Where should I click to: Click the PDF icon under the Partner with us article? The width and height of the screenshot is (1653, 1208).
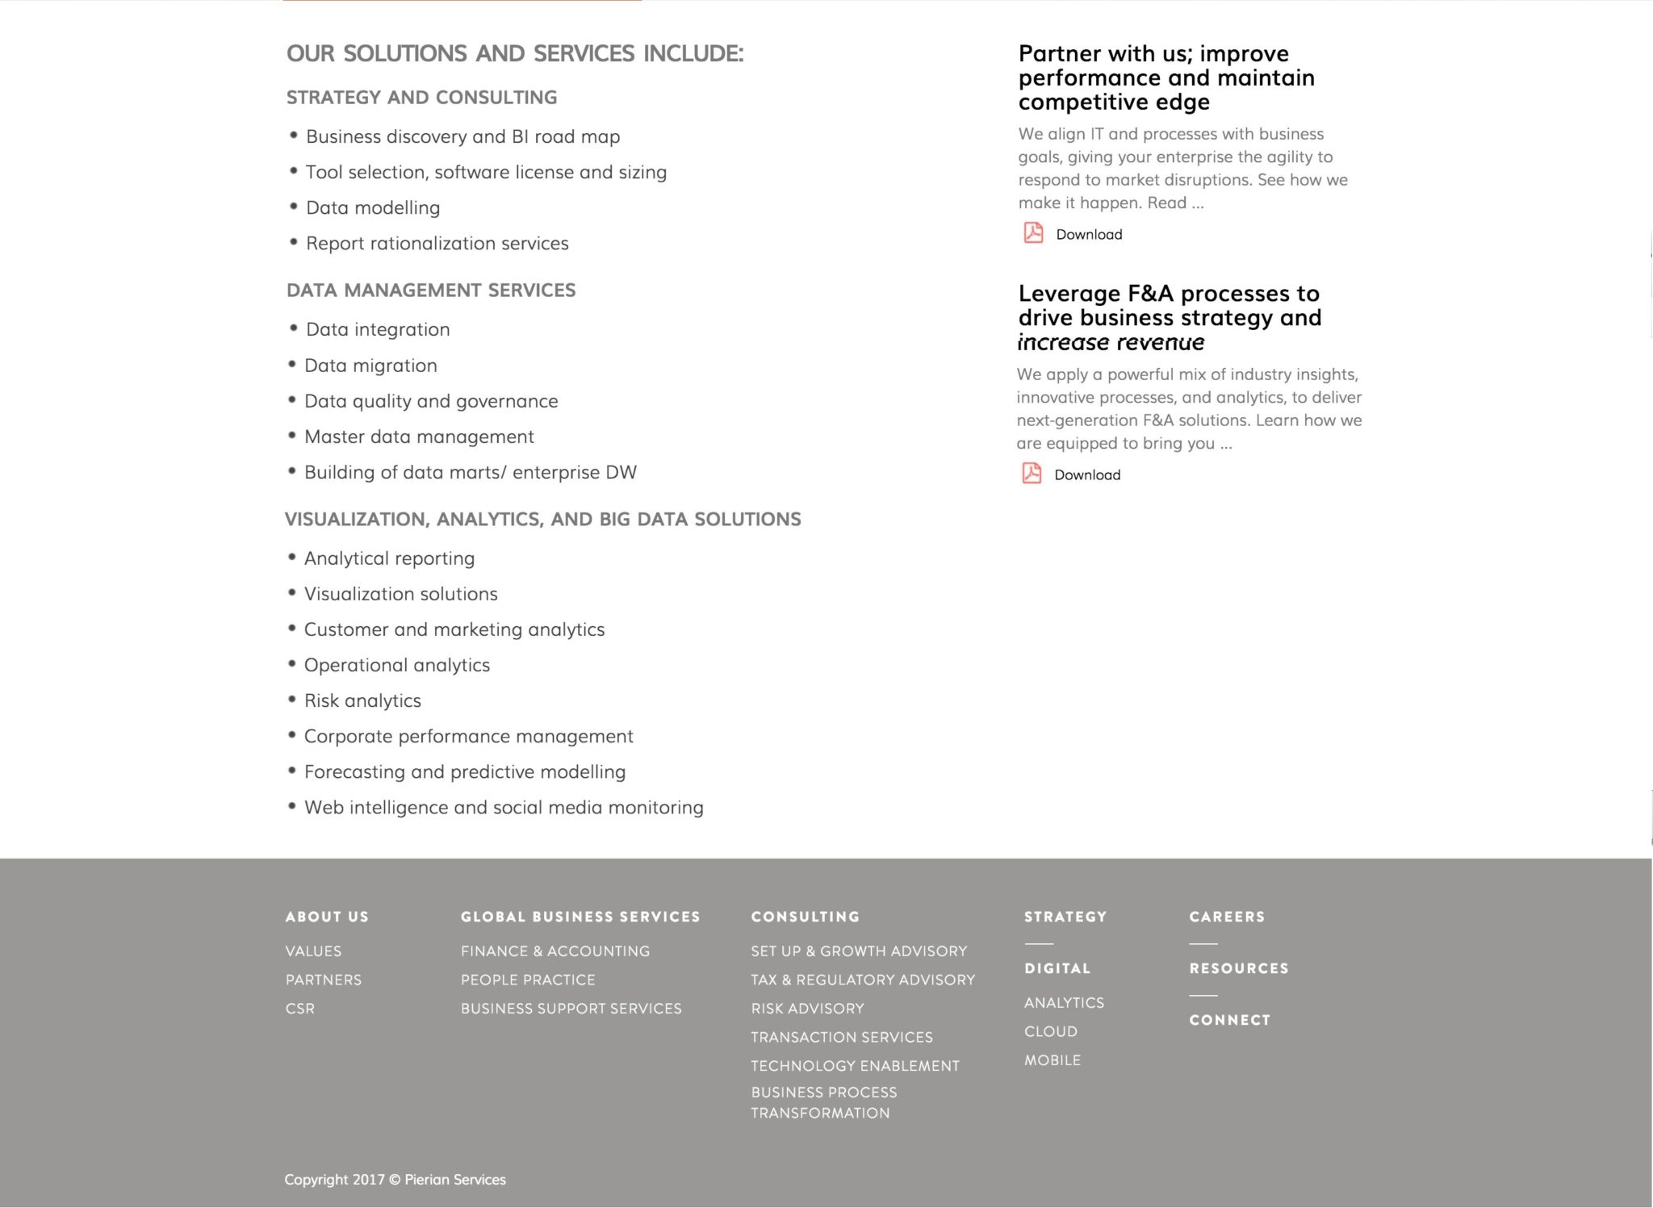click(1033, 233)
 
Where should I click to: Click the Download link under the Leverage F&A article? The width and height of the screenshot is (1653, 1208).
click(1086, 474)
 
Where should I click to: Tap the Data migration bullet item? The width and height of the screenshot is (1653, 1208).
click(370, 366)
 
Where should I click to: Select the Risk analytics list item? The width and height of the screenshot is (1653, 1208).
click(362, 700)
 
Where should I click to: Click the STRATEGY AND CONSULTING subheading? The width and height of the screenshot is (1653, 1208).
click(421, 98)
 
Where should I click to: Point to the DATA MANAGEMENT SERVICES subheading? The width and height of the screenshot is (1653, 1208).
click(431, 291)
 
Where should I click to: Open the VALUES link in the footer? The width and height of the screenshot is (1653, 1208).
click(313, 951)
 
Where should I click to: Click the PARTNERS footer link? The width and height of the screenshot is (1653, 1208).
click(324, 980)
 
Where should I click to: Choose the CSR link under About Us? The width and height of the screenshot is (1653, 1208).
click(300, 1009)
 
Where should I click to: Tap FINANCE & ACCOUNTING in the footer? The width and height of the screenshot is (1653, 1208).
click(555, 951)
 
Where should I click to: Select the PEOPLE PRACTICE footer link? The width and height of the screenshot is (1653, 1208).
click(528, 980)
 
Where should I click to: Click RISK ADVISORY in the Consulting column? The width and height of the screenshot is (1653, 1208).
click(807, 1009)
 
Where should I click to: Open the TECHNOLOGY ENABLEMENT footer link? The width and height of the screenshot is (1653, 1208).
click(855, 1066)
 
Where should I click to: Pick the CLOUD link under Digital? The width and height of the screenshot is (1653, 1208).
click(1051, 1031)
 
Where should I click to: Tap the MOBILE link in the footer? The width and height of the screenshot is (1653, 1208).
click(1052, 1060)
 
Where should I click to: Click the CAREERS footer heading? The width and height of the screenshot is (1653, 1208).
click(1227, 917)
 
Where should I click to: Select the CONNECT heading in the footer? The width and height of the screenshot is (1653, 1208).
click(1229, 1020)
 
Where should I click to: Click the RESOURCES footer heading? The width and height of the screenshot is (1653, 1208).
click(1238, 968)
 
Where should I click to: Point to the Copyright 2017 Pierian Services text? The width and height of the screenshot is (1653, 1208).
click(395, 1180)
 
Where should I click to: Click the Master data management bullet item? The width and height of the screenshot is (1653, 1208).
click(419, 437)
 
